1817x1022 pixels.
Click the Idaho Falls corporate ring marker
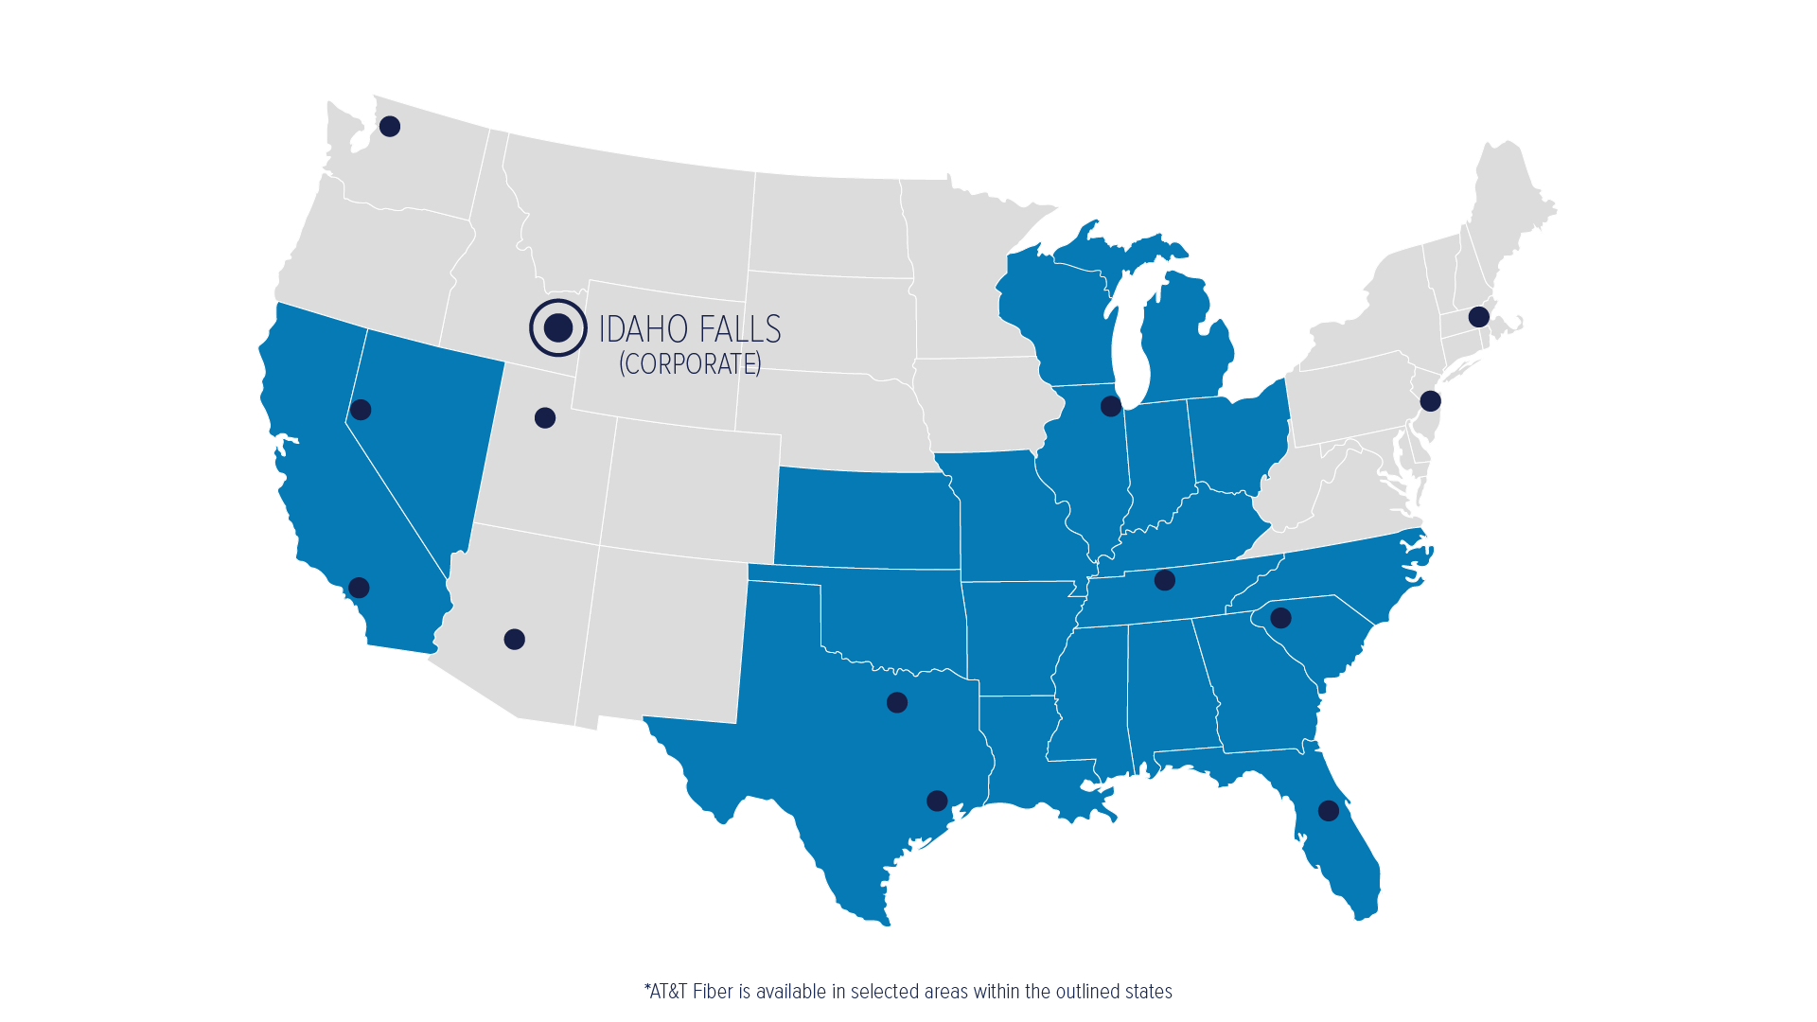point(558,328)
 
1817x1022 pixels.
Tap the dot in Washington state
point(390,126)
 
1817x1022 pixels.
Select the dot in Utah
point(545,417)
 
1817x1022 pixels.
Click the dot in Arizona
point(514,639)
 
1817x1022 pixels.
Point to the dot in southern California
point(359,588)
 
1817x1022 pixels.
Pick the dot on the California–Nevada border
point(361,410)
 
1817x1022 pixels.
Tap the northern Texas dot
point(897,702)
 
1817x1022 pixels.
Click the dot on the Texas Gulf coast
point(937,802)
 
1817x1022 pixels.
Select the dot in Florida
point(1329,811)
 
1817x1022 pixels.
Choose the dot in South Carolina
point(1280,618)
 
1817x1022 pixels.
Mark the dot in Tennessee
point(1165,580)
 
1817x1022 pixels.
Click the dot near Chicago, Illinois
point(1111,406)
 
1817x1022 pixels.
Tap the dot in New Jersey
point(1430,401)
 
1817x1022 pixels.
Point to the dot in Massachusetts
point(1478,317)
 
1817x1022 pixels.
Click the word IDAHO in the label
point(643,329)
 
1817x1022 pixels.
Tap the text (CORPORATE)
point(690,364)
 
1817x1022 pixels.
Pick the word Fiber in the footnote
point(714,992)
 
